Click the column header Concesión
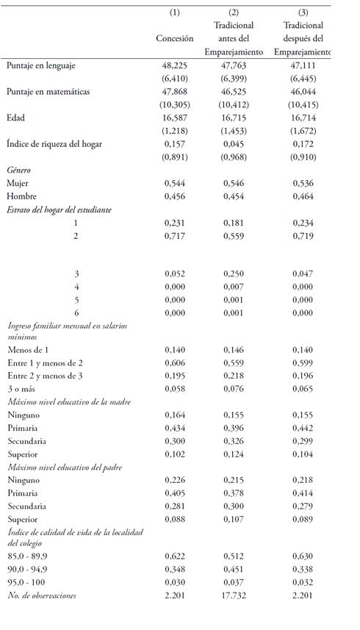(x=174, y=39)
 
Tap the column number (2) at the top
(x=234, y=12)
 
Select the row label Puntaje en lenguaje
(x=41, y=65)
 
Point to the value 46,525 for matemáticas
(x=234, y=92)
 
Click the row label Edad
(x=16, y=118)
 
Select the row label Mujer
(x=18, y=183)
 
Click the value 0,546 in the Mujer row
(x=234, y=183)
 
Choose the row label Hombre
(x=21, y=196)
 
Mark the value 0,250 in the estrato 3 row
(x=234, y=273)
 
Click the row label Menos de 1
(x=28, y=350)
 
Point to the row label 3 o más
(x=22, y=389)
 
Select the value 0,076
(x=234, y=389)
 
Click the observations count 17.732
(x=234, y=595)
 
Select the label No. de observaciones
(x=42, y=595)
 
